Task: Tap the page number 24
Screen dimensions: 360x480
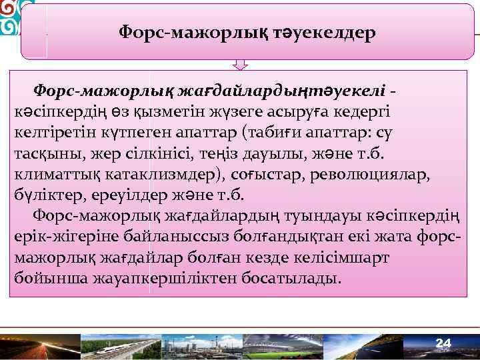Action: (x=443, y=343)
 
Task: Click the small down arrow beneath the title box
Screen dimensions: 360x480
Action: (x=240, y=64)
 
